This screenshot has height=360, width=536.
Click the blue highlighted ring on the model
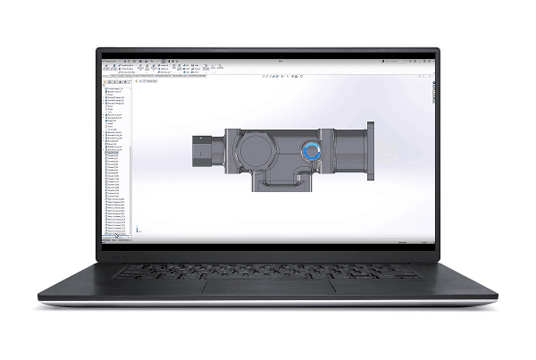click(x=310, y=153)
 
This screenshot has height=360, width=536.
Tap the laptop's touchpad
click(x=267, y=288)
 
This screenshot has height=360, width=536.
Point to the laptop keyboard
click(x=267, y=269)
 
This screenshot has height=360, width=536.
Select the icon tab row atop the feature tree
click(x=117, y=82)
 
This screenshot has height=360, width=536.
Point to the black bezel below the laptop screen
click(x=267, y=252)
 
